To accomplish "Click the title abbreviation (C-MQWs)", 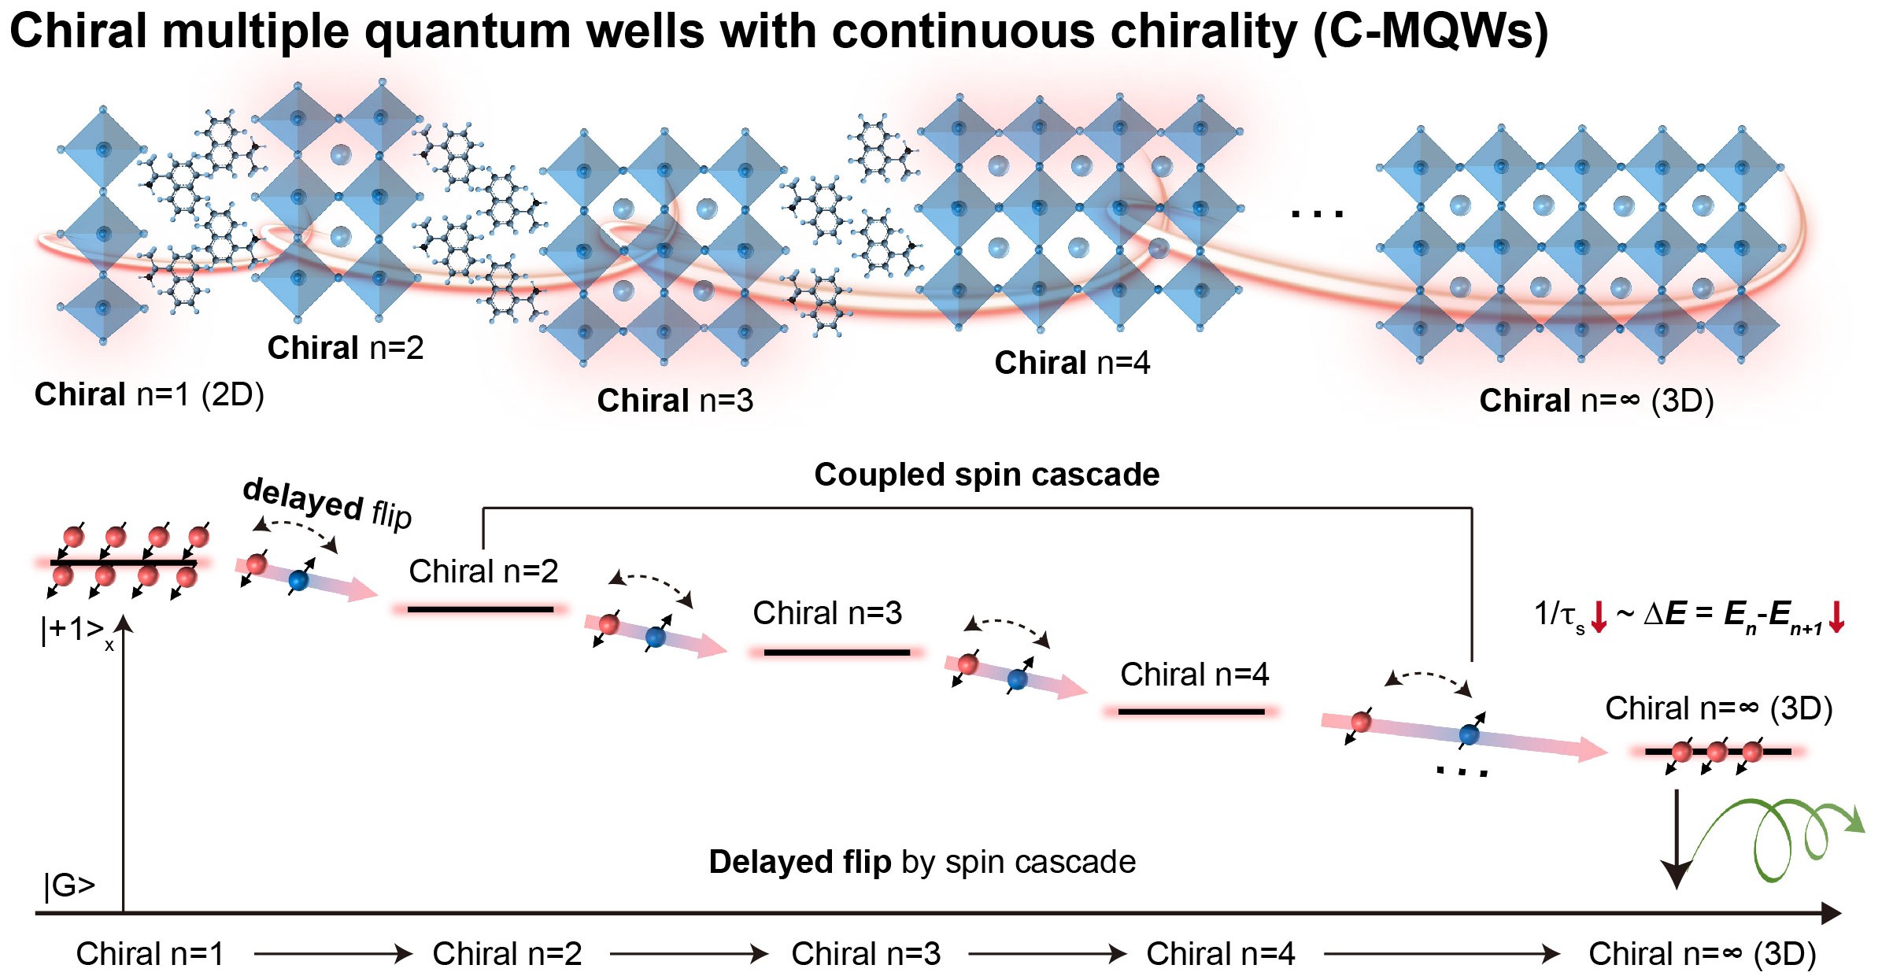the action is tap(1430, 33).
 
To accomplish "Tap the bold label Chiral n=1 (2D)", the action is tap(149, 394).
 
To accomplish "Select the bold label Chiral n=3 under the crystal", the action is tap(675, 401).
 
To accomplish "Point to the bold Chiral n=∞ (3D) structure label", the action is tap(1596, 401).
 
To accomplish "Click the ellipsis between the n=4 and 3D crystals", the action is tap(1318, 213).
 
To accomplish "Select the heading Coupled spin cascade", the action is tap(987, 475).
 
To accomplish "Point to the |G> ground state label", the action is tap(69, 885).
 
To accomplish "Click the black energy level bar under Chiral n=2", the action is tap(480, 609).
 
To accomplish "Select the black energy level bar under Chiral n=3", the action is tap(837, 653).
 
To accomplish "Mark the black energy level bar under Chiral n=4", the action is tap(1191, 712).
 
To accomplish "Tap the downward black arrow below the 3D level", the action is tap(1677, 839).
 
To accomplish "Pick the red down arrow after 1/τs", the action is tap(1599, 616).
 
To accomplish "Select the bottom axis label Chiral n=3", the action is tap(866, 954).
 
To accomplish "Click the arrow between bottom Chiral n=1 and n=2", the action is tap(333, 954).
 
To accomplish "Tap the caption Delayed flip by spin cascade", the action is tap(922, 863).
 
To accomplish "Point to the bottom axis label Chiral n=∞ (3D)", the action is tap(1703, 954).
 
